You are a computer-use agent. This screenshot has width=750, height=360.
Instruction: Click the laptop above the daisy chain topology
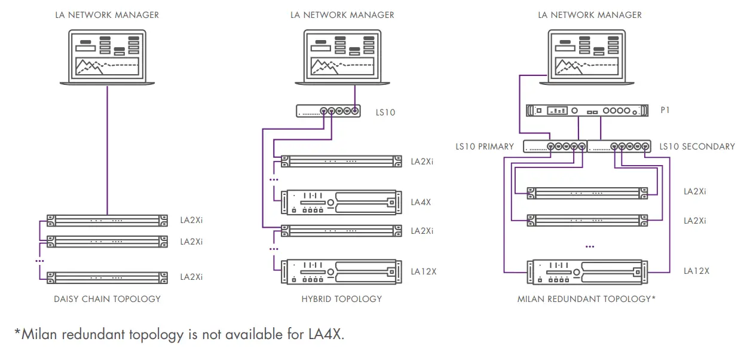pos(107,57)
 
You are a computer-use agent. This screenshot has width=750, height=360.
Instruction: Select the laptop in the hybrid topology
pos(342,57)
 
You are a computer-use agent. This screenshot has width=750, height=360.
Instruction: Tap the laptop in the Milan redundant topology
pos(589,57)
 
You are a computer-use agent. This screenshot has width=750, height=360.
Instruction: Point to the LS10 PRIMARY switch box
pos(555,146)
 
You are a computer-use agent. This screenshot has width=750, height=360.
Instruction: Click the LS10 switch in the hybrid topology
pos(329,111)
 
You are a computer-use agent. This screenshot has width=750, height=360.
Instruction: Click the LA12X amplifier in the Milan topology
pos(587,271)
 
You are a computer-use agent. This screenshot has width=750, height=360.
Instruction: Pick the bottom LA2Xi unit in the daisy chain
pos(107,277)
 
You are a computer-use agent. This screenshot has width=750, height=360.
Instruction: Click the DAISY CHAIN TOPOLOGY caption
pos(107,298)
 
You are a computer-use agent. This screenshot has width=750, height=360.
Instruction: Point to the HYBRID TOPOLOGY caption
pos(341,298)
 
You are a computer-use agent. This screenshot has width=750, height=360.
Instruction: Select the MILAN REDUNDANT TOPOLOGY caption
pos(586,298)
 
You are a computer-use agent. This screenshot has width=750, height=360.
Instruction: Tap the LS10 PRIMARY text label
pos(484,147)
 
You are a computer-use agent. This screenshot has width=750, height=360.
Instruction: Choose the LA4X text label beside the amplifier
pos(421,202)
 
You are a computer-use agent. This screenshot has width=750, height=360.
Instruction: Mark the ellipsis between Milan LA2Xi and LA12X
pos(590,246)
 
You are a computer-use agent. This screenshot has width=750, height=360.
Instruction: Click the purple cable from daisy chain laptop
pos(107,150)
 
